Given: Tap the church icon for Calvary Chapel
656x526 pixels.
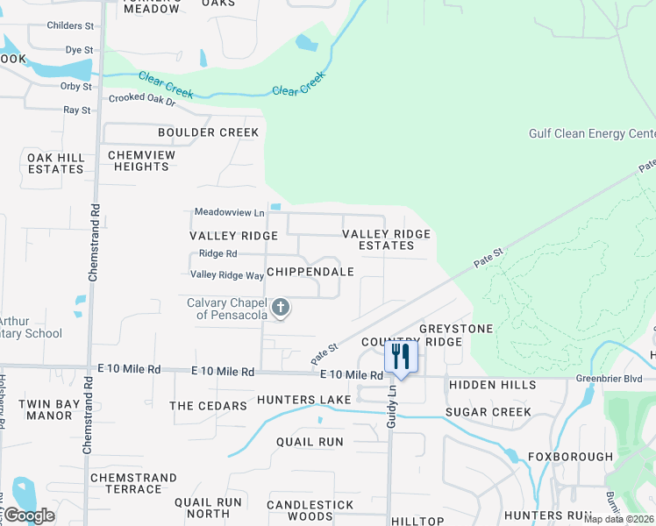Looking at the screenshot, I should pos(281,307).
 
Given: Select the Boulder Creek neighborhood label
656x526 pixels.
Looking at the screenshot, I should pos(208,132).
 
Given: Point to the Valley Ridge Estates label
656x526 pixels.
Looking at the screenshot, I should pos(386,239).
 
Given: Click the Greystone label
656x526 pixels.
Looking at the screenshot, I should pos(455,328).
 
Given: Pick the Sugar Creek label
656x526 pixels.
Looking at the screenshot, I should pos(488,412).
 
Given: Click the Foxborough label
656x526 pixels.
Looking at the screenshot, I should pos(570,457).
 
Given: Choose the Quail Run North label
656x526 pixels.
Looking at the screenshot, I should pos(208,508).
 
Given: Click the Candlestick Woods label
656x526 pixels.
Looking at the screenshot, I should pos(310,511).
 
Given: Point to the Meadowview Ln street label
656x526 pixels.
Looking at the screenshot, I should pos(229,212).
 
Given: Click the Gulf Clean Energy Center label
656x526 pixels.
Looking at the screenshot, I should pos(591,134).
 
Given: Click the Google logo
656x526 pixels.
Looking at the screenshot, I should pos(28,515).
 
